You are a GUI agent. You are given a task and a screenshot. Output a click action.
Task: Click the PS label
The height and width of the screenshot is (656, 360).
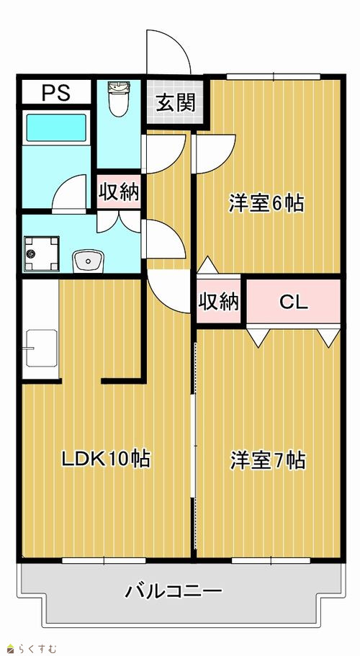click(x=55, y=93)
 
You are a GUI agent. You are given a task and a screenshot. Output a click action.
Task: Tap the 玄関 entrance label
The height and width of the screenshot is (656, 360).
click(x=176, y=102)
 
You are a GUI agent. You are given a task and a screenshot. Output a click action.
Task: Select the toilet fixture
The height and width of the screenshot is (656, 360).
click(x=119, y=99)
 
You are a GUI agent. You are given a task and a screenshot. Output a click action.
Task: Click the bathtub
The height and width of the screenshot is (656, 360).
click(x=56, y=127)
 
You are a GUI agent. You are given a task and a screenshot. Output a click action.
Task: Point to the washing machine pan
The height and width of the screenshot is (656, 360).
click(x=41, y=254)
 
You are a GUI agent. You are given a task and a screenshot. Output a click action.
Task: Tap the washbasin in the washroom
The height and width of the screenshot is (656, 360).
click(x=88, y=261)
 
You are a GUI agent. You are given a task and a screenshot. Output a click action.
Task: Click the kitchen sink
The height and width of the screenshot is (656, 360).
click(x=41, y=348)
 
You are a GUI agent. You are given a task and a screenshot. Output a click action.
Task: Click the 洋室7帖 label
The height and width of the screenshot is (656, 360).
click(x=268, y=461)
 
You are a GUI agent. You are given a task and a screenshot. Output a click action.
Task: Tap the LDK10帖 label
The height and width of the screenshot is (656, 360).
click(x=106, y=459)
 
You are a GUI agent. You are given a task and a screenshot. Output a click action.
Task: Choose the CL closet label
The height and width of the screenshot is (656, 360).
click(x=294, y=302)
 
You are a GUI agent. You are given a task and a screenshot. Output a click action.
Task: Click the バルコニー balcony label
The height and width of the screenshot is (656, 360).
click(x=174, y=591)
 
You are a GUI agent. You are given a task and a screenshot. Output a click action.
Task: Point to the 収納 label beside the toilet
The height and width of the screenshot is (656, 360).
click(x=119, y=193)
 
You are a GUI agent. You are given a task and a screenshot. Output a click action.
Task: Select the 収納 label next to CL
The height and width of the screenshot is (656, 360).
click(x=218, y=302)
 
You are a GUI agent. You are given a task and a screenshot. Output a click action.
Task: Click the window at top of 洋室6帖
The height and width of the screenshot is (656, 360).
click(x=274, y=76)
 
